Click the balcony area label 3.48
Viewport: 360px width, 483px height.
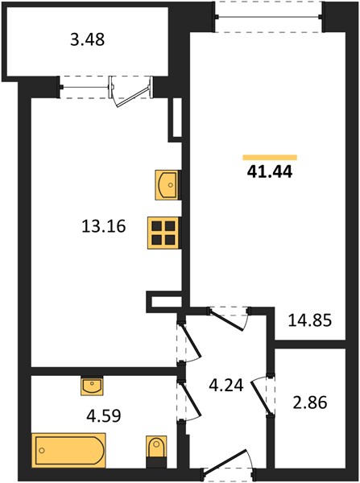click(x=88, y=39)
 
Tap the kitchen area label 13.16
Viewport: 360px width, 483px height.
click(x=104, y=226)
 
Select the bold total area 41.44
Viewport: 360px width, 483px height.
click(x=269, y=171)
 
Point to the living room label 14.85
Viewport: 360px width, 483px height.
click(x=310, y=320)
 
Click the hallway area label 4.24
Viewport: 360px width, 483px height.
click(x=226, y=385)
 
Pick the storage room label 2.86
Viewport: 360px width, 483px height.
click(x=310, y=402)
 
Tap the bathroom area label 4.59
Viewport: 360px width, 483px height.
click(x=104, y=415)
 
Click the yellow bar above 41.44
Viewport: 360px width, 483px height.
click(x=270, y=158)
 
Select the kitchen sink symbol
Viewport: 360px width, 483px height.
click(x=167, y=185)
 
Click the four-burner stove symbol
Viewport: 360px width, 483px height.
click(x=163, y=233)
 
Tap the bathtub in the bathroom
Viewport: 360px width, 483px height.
click(x=68, y=450)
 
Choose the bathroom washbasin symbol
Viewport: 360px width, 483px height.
click(x=92, y=386)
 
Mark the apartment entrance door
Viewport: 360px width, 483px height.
click(x=225, y=461)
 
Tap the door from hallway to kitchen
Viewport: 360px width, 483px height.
click(x=192, y=340)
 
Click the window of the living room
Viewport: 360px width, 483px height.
click(x=268, y=17)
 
